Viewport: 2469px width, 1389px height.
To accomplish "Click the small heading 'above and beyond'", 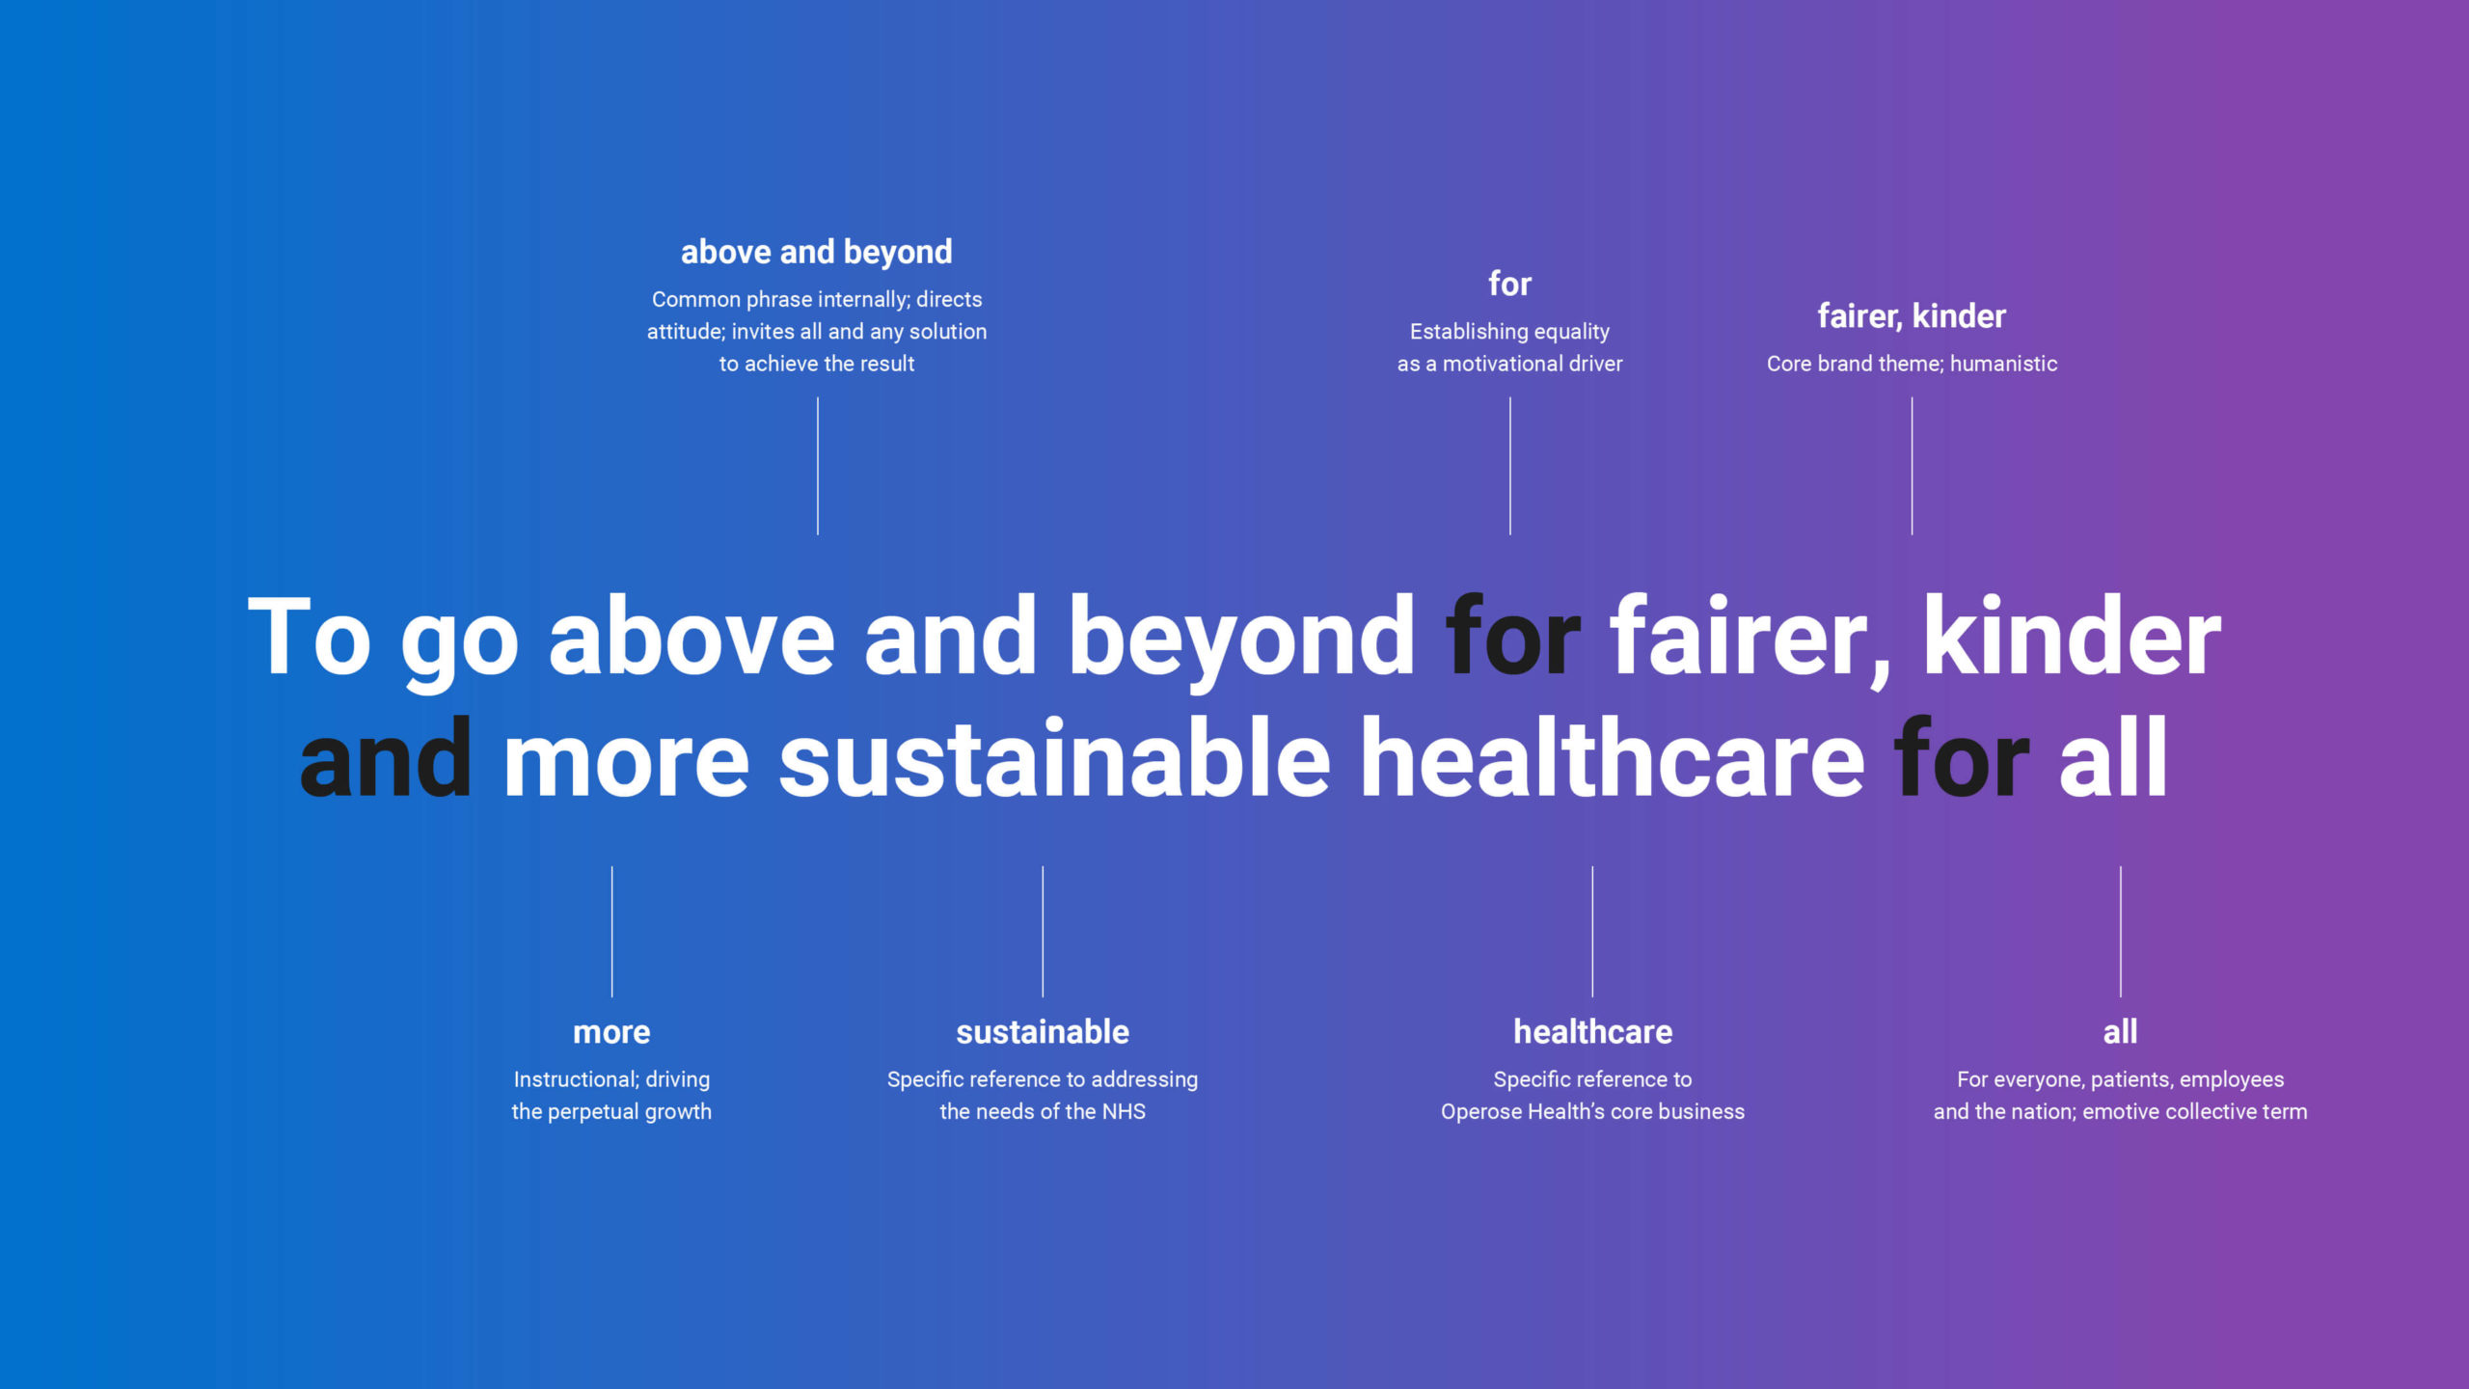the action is pyautogui.click(x=817, y=253).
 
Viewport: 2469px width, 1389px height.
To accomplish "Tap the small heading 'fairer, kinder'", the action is pyautogui.click(x=1912, y=316).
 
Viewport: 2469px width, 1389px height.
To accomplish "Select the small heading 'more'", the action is pyautogui.click(x=611, y=1032).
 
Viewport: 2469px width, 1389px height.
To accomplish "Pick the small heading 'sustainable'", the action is pyautogui.click(x=1043, y=1032).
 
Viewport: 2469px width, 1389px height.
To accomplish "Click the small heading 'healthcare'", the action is pyautogui.click(x=1592, y=1032).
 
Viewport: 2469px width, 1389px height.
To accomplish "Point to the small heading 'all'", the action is pyautogui.click(x=2120, y=1032).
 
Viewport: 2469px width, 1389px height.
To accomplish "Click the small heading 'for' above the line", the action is pyautogui.click(x=1509, y=284).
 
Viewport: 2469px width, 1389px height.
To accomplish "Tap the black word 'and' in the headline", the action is pyautogui.click(x=386, y=760).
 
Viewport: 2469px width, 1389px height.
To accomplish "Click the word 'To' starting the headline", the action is pyautogui.click(x=309, y=637).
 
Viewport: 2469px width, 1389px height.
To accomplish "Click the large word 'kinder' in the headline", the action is pyautogui.click(x=2073, y=637).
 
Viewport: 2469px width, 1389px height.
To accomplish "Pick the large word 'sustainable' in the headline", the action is pyautogui.click(x=1055, y=760).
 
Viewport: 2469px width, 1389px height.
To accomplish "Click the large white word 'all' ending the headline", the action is pyautogui.click(x=2113, y=760).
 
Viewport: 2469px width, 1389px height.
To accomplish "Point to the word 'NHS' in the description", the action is pyautogui.click(x=1124, y=1112).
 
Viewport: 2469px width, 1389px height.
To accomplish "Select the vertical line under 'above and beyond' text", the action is pyautogui.click(x=818, y=466).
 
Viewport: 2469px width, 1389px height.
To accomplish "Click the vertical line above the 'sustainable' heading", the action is pyautogui.click(x=1043, y=932).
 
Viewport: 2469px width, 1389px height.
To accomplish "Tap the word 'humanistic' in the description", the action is pyautogui.click(x=2003, y=364).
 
